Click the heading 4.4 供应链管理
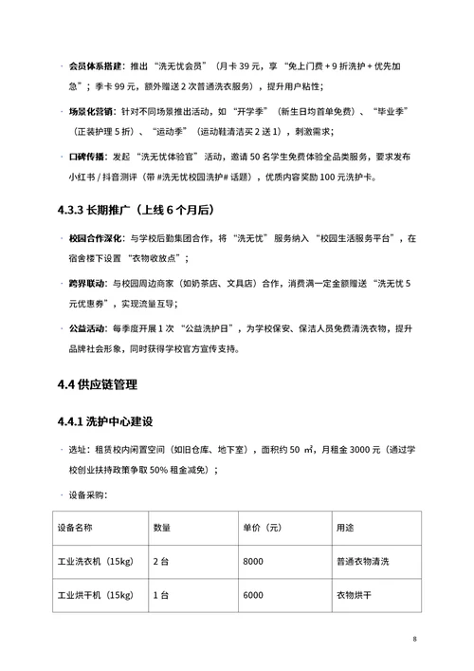97,384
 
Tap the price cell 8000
253,561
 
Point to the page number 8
414,638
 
